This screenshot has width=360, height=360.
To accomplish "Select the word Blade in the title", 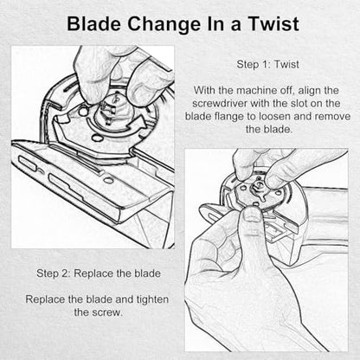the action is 94,23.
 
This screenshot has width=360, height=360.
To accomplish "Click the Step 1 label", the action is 253,64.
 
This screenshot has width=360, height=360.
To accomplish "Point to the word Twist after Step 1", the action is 286,64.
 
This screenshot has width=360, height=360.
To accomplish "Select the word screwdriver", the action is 220,103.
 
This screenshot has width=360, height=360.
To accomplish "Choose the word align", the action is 308,91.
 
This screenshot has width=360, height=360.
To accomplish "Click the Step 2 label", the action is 54,273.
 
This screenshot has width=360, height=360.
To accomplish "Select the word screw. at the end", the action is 106,312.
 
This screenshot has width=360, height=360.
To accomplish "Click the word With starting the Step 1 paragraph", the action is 204,90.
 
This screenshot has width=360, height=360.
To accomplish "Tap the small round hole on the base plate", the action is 108,181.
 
